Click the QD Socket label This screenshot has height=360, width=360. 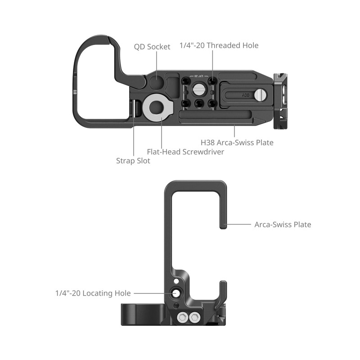(x=152, y=47)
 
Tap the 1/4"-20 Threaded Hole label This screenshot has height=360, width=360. (x=219, y=45)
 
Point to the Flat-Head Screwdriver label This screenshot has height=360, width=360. (x=185, y=152)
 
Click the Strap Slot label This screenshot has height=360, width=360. (x=133, y=161)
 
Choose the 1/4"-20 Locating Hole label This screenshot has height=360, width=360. (x=93, y=293)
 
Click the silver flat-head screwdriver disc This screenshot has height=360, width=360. (x=156, y=108)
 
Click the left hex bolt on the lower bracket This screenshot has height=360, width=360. (x=183, y=318)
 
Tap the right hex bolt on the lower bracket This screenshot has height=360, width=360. (x=194, y=318)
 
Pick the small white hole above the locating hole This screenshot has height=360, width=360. (x=176, y=283)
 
